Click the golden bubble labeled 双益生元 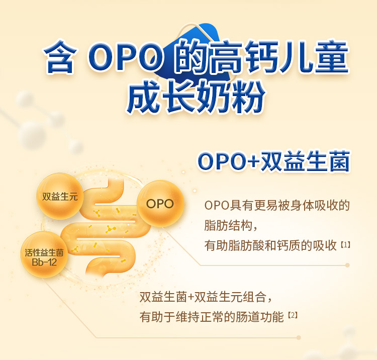[x=60, y=196]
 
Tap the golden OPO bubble [x=160, y=204]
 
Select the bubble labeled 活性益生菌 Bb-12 [x=44, y=254]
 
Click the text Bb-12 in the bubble [x=44, y=262]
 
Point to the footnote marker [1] [x=345, y=245]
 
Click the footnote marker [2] [x=293, y=315]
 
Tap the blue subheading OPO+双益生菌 [x=273, y=161]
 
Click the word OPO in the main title [x=125, y=57]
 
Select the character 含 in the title [x=60, y=57]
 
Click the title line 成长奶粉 [x=196, y=97]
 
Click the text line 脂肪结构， [x=231, y=226]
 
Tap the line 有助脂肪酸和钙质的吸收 [x=270, y=246]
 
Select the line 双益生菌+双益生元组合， [x=206, y=297]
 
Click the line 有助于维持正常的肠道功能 [x=212, y=317]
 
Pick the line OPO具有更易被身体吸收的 [x=277, y=206]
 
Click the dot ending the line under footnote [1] [x=347, y=265]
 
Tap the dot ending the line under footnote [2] [x=299, y=338]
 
